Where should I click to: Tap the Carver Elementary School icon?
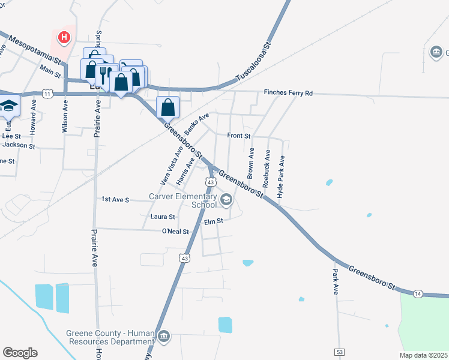226,202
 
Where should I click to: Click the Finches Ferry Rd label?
289,93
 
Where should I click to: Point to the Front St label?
238,136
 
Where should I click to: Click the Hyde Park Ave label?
280,175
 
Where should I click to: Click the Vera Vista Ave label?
171,164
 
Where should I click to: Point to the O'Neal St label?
175,231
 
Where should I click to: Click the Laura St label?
163,217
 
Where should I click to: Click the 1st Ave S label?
115,199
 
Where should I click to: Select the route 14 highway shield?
418,293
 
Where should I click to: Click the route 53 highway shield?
340,350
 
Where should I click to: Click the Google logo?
20,353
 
